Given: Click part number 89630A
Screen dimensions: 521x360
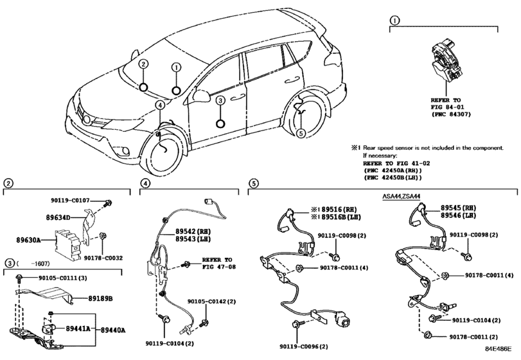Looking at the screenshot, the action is tap(28, 240).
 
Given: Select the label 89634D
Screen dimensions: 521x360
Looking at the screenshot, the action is tap(58, 218).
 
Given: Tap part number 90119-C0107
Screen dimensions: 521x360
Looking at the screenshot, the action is tap(70, 201).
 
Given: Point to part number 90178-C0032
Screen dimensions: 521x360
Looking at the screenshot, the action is tap(103, 258).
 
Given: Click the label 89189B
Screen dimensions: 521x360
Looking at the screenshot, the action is tap(100, 299).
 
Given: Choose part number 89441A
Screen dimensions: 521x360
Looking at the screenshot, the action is tap(78, 328).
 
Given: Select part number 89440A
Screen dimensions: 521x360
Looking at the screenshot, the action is tap(113, 330).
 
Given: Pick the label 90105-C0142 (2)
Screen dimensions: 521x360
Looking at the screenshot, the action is tap(211, 301).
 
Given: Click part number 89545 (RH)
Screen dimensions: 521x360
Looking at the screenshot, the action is tap(458, 208).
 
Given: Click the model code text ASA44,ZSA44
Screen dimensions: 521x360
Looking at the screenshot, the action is tap(401, 197).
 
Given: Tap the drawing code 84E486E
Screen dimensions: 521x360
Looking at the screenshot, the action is tap(498, 348).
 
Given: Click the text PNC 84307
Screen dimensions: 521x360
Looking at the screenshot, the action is tap(451, 114).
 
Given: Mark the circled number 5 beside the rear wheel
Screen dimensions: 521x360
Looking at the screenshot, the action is tap(301, 133).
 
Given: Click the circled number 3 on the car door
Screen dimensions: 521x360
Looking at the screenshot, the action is tap(220, 100).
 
